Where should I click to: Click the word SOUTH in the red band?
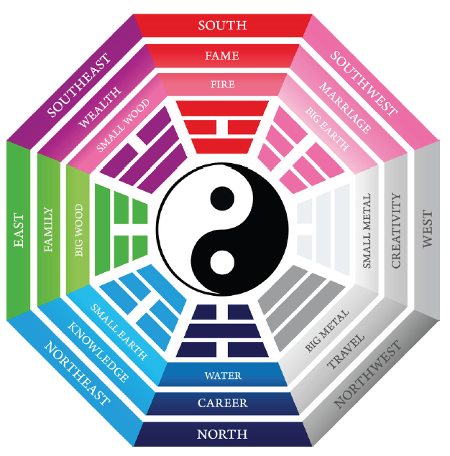click(x=222, y=25)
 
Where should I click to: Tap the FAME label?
click(x=222, y=55)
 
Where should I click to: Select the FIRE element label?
click(x=223, y=84)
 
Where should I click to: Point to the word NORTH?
click(x=222, y=434)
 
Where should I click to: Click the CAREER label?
click(x=223, y=403)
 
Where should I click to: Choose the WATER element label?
click(x=223, y=376)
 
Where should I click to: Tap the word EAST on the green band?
click(x=19, y=231)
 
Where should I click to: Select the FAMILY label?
click(x=48, y=230)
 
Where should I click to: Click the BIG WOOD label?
click(x=79, y=231)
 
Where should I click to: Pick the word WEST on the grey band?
click(x=428, y=229)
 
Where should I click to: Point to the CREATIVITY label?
click(x=396, y=230)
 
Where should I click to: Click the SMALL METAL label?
click(x=367, y=231)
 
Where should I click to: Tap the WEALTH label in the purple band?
click(x=99, y=107)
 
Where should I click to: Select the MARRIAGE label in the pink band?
click(x=345, y=108)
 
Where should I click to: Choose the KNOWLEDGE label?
click(x=98, y=352)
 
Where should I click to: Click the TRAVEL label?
click(x=346, y=351)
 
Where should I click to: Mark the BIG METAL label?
click(x=327, y=331)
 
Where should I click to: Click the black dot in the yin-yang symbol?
click(x=222, y=199)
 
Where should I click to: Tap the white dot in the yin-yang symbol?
click(x=222, y=262)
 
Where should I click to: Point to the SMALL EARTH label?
click(x=119, y=332)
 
